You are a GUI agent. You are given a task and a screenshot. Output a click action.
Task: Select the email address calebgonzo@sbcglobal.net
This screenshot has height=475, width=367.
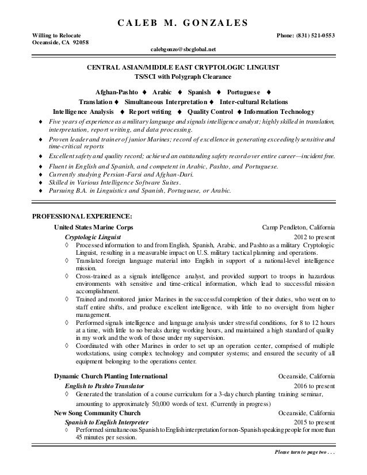(x=183, y=49)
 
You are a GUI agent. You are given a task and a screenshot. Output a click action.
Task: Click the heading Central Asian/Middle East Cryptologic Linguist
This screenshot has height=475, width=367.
(x=183, y=68)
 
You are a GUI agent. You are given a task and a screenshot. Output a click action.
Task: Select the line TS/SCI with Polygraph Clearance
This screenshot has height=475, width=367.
(x=183, y=77)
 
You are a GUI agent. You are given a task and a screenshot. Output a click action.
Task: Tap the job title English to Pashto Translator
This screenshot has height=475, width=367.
(x=104, y=385)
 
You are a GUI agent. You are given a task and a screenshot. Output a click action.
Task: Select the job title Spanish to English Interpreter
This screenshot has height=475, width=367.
(x=105, y=422)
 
